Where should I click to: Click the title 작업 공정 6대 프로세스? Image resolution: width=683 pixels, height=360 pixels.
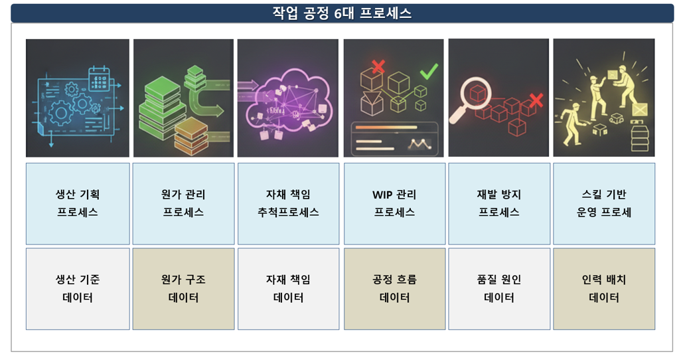point(342,13)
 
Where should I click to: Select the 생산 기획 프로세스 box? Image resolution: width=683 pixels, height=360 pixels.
point(78,203)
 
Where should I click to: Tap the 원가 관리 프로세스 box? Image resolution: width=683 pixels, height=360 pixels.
point(184,203)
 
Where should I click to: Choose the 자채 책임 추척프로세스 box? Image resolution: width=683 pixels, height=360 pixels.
point(288,203)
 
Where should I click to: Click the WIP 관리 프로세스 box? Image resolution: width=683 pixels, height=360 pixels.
point(394,203)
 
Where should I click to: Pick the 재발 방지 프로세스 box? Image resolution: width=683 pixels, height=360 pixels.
point(499,203)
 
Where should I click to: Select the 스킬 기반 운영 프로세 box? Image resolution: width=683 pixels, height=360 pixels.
point(604,203)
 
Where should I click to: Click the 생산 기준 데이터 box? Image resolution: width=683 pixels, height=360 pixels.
point(78,288)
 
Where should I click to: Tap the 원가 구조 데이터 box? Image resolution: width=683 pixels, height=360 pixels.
point(184,288)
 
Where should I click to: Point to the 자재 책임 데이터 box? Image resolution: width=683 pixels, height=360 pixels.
point(288,288)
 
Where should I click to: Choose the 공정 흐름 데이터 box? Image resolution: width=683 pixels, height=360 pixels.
point(394,288)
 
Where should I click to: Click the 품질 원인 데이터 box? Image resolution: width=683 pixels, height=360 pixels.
point(499,288)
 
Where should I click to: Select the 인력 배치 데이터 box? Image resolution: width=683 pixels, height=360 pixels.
point(604,288)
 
